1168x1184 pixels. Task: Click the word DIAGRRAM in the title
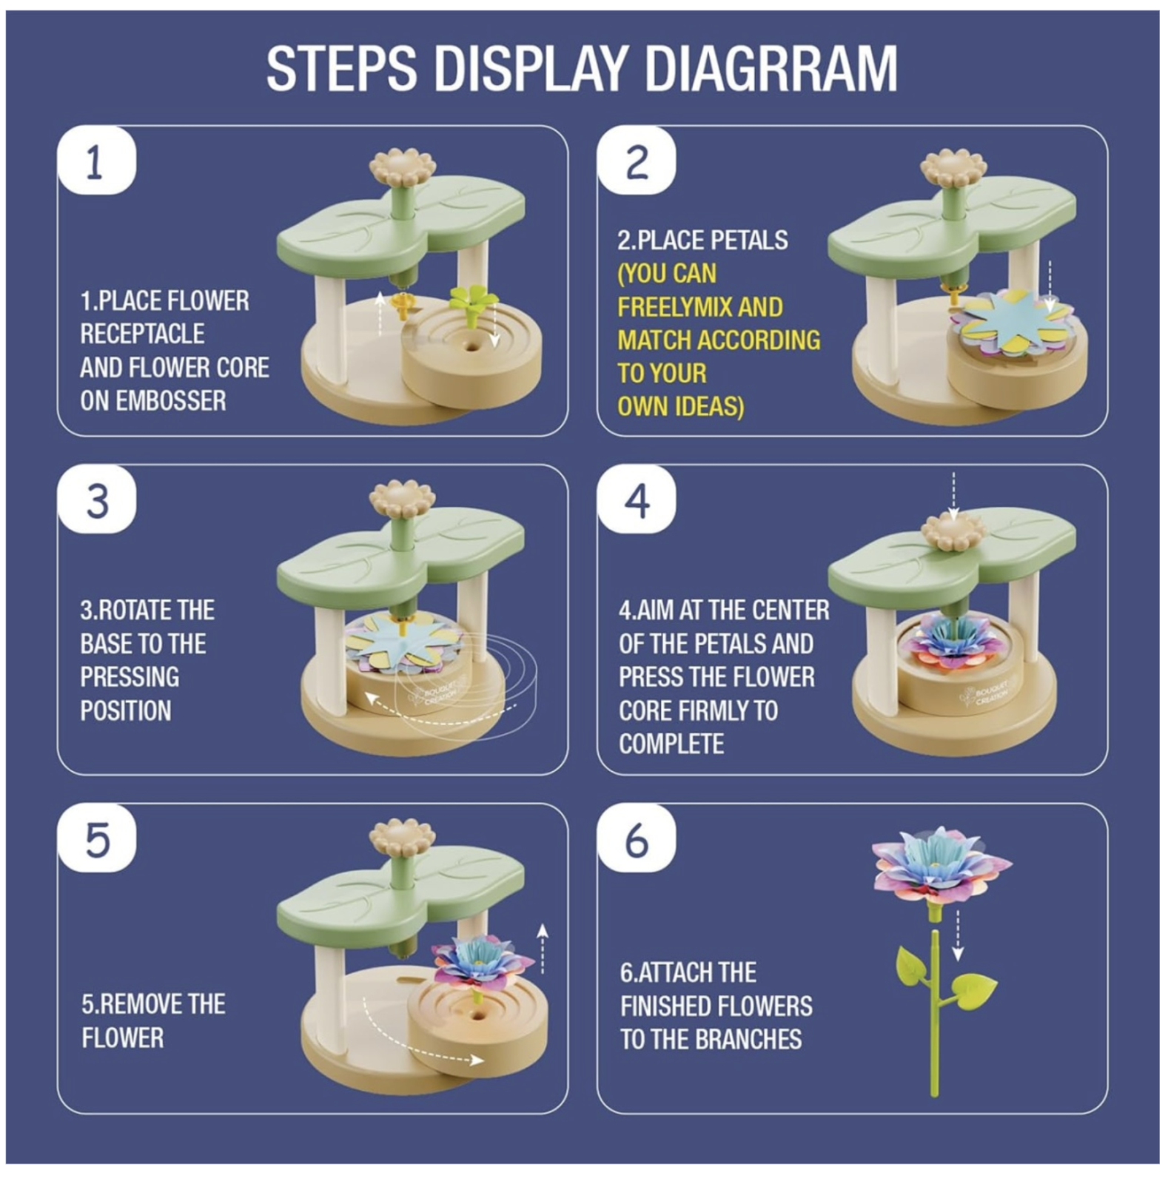[x=771, y=68]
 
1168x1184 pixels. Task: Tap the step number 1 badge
[x=97, y=161]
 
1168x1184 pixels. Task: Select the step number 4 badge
[x=637, y=499]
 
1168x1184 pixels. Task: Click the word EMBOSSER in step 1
[x=153, y=400]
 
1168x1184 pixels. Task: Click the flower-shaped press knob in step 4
[x=954, y=533]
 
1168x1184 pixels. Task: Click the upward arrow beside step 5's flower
[x=543, y=949]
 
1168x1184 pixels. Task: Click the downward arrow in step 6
[x=958, y=935]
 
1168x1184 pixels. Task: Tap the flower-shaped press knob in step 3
[x=402, y=500]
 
